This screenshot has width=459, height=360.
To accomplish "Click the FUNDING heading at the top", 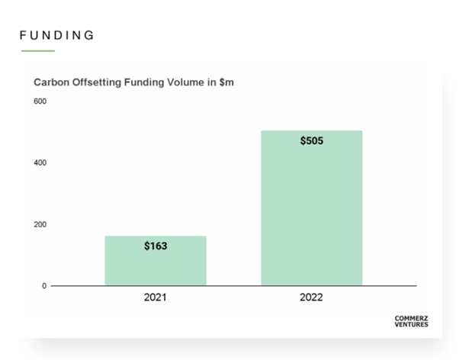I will (56, 35).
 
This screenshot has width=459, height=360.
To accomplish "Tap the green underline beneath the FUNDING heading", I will (38, 51).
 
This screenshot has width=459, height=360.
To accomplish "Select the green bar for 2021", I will (156, 261).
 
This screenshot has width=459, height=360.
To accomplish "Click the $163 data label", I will (156, 246).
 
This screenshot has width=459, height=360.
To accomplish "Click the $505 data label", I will (311, 141).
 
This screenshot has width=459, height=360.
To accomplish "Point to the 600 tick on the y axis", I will (39, 101).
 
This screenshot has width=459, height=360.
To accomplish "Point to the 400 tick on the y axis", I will (39, 163).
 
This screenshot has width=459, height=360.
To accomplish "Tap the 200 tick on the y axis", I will (39, 224).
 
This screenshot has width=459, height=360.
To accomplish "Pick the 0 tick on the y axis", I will (43, 286).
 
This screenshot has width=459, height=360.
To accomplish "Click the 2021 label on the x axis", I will (156, 297).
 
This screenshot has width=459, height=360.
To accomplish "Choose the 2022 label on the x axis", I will (311, 297).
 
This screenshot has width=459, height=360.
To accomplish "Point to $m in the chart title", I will (226, 82).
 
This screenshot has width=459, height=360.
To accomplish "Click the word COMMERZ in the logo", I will (411, 318).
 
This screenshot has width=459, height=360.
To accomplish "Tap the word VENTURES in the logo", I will (411, 324).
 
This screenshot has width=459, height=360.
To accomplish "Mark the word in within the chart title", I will (209, 82).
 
